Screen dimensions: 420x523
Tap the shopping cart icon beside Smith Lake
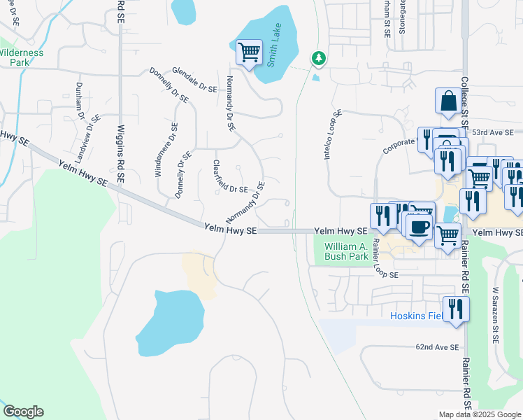[249, 52]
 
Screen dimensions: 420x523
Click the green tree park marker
[319, 57]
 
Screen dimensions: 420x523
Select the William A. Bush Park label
[346, 251]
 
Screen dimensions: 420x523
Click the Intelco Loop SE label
[331, 134]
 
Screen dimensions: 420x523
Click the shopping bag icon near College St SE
[447, 101]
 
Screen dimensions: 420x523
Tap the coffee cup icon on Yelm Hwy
[420, 227]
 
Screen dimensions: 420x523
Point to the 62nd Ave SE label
[438, 346]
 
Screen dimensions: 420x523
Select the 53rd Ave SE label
[492, 132]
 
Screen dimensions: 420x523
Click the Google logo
[23, 412]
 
